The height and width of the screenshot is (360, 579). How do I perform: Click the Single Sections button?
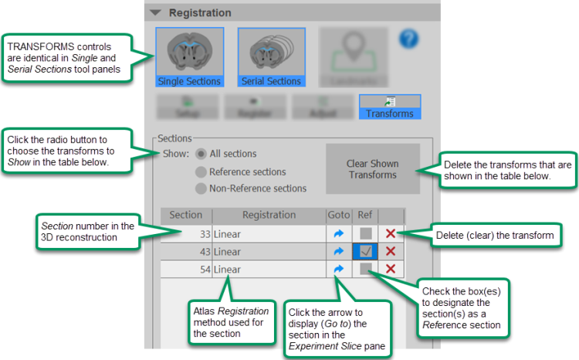point(189,57)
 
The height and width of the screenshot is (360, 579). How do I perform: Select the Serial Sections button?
point(271,57)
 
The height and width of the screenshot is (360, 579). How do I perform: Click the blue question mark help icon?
point(408,39)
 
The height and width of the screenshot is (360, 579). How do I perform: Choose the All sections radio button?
point(201,154)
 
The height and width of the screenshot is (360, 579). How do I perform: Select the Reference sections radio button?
point(201,172)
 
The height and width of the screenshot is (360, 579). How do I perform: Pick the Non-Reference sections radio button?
point(201,188)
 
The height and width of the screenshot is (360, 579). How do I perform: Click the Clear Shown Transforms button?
point(372,169)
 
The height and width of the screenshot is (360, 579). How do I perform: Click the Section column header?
point(186,215)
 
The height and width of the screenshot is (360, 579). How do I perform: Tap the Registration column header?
point(269,215)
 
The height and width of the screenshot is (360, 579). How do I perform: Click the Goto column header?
point(338,215)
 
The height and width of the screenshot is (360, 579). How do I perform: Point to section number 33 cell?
point(186,233)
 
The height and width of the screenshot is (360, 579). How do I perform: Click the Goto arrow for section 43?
point(337,251)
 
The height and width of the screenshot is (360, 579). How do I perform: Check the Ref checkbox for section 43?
point(365,251)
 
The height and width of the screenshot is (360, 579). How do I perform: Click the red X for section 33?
point(391,233)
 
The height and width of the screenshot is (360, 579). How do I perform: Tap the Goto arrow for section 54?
point(337,269)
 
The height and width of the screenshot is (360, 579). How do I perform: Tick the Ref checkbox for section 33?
point(365,233)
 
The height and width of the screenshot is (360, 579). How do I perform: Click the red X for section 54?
point(391,269)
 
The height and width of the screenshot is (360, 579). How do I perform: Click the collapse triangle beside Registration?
point(155,12)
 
